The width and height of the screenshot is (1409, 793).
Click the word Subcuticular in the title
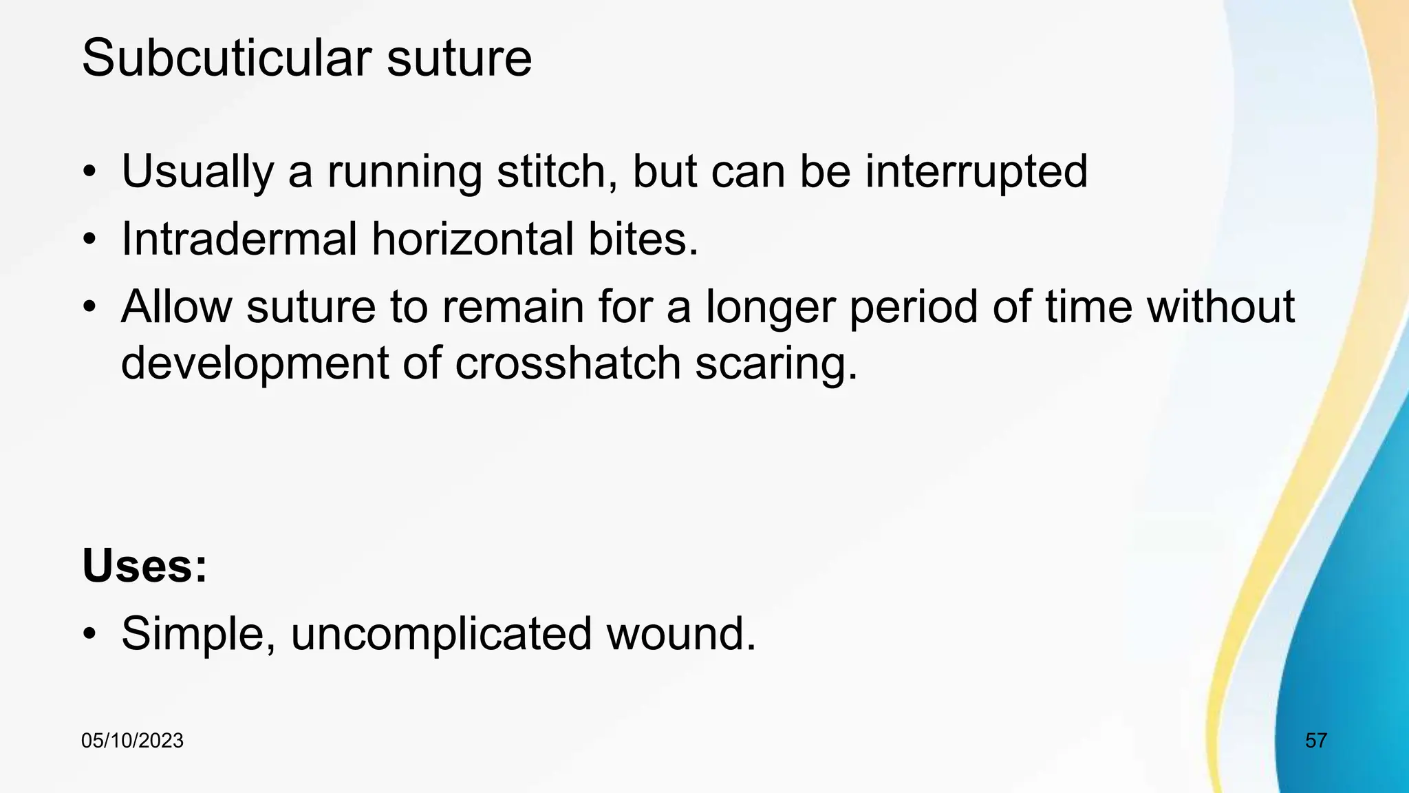click(226, 58)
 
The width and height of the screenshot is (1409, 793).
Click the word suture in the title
click(459, 58)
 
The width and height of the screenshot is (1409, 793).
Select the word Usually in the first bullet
click(197, 171)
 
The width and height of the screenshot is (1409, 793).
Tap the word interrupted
click(976, 171)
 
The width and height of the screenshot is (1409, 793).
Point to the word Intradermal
click(239, 240)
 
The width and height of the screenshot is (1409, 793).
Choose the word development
click(255, 363)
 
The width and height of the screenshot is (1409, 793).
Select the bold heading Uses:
click(144, 566)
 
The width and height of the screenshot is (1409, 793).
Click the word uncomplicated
click(441, 634)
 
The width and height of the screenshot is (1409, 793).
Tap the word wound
click(680, 634)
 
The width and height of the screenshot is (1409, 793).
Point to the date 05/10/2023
click(132, 741)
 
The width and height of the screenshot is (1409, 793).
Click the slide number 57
click(1316, 741)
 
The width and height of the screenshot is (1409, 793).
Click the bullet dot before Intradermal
click(89, 240)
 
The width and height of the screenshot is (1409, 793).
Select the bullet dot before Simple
click(89, 634)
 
